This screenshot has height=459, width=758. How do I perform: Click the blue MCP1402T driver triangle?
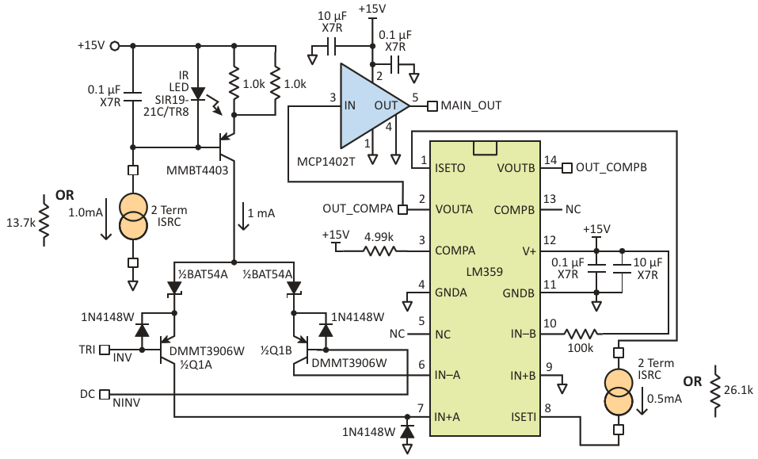point(368,105)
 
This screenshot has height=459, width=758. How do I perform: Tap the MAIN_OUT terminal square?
point(432,105)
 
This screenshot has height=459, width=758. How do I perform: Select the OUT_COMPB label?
point(611,167)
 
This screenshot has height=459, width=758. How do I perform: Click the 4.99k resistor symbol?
point(379,251)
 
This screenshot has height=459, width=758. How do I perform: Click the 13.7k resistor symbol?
point(44,220)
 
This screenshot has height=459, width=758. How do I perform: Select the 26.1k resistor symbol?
point(715,391)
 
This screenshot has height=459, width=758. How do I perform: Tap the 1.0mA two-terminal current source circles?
point(132,215)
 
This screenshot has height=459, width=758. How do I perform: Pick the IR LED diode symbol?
point(198,94)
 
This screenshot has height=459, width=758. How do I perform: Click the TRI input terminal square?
point(105,350)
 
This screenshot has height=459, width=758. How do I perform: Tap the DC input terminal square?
point(105,394)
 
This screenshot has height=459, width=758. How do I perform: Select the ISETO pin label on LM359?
point(450,168)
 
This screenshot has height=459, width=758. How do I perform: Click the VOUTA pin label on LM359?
point(454,209)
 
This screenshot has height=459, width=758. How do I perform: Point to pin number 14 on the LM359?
point(550,160)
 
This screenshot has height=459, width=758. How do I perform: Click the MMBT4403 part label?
point(197,170)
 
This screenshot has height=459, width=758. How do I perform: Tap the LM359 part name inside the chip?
point(485,271)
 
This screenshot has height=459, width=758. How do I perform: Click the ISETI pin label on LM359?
point(524,416)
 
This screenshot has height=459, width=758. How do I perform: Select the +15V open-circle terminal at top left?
point(115,46)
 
